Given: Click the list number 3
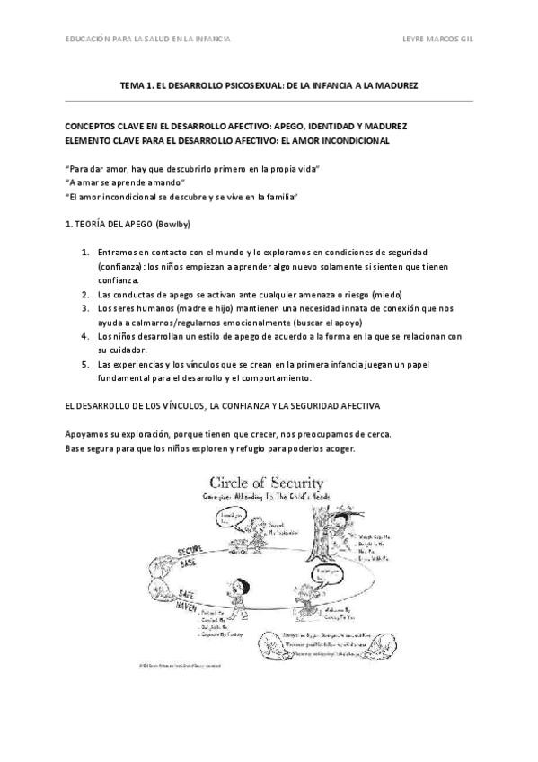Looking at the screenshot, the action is [x=84, y=308].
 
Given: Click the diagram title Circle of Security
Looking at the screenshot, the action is [x=267, y=485].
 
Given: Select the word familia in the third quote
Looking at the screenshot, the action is [x=276, y=196].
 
